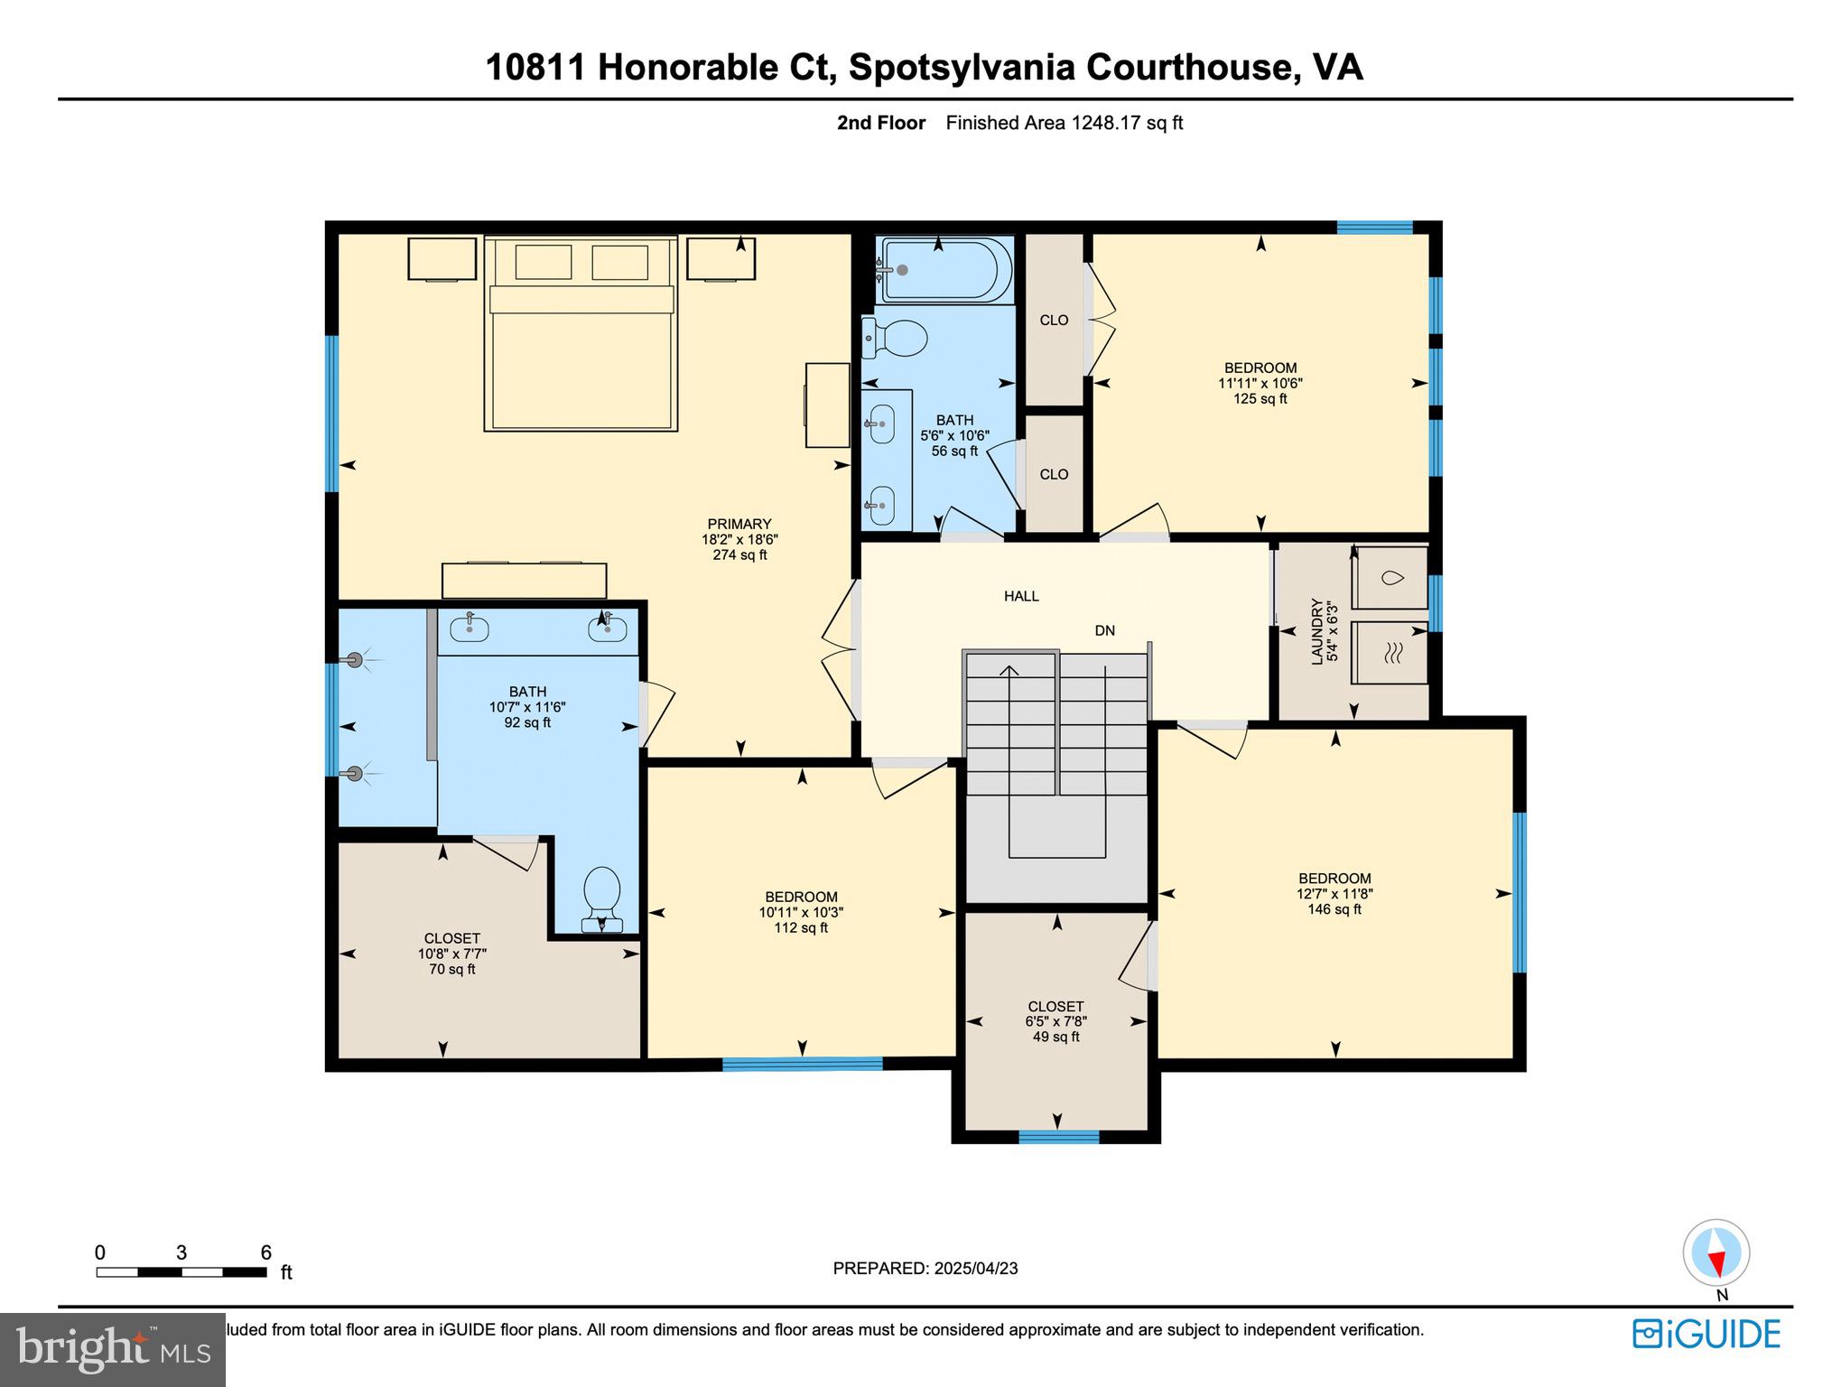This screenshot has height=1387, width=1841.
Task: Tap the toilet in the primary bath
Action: [x=602, y=897]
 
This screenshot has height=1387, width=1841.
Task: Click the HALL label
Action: [x=1021, y=596]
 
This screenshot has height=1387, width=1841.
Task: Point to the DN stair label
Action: [x=1104, y=631]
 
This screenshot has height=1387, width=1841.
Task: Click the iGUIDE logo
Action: [x=1706, y=1334]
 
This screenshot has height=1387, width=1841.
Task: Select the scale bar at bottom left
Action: [x=181, y=1271]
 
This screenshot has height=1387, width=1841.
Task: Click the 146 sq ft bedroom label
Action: [x=1334, y=893]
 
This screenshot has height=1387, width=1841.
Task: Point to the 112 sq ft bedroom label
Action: [x=801, y=912]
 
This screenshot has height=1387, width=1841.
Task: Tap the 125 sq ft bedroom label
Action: [x=1260, y=383]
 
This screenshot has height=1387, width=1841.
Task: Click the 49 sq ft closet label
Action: [x=1055, y=1021]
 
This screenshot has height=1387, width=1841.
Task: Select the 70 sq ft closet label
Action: [x=451, y=954]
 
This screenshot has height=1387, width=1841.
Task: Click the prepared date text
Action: [x=925, y=1268]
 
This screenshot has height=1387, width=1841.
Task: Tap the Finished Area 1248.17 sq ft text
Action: [x=1064, y=123]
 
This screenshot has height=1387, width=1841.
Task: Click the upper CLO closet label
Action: [x=1054, y=320]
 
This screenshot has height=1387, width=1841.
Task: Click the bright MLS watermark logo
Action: [x=113, y=1349]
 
